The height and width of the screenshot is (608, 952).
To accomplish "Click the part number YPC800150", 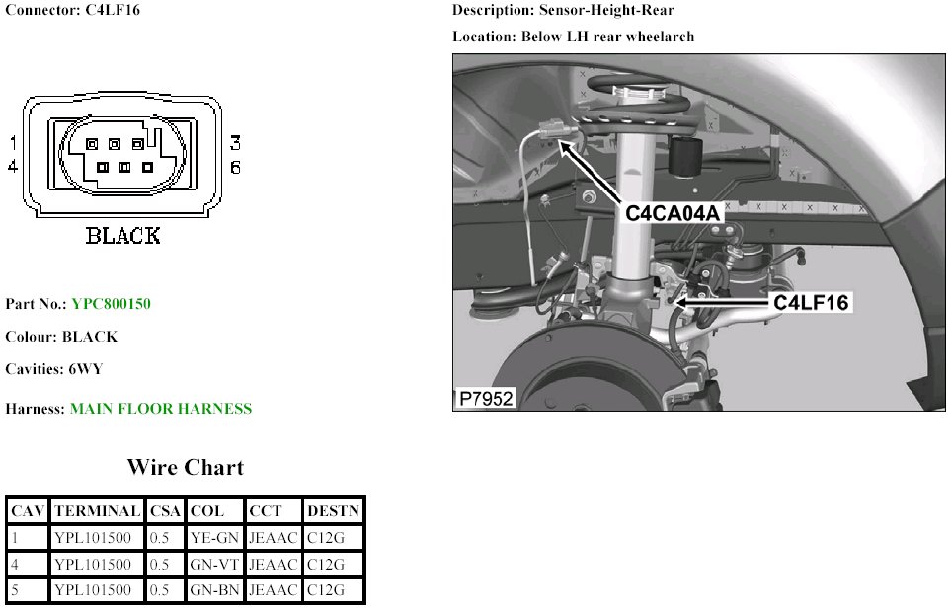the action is coord(112,303).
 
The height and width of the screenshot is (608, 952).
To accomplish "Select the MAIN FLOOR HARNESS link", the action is coord(161,409).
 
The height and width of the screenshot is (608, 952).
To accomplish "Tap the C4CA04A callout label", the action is coord(673,213).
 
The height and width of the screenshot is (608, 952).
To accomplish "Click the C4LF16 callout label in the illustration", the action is coord(811,302).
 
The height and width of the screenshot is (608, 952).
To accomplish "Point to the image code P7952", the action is coord(486,398).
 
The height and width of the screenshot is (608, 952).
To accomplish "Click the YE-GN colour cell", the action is coord(214,538).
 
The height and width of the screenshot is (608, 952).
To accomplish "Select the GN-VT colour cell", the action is coord(214,565).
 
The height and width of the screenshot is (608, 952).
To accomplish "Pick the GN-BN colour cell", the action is coord(214,590).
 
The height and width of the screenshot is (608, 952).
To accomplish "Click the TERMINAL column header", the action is coord(97,511).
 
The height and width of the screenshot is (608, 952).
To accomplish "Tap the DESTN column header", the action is coord(334,511).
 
